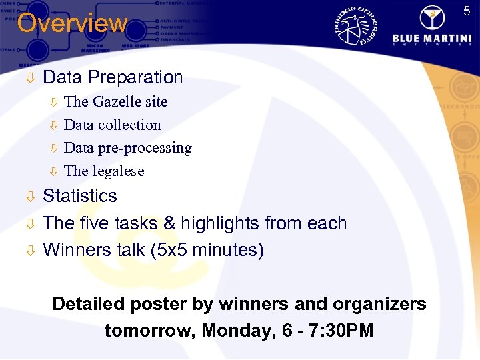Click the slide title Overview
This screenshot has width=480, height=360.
[x=71, y=23]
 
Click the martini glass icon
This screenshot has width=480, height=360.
[x=435, y=14]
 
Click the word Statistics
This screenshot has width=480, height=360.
[x=79, y=196]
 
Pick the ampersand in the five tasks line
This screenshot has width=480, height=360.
[x=169, y=223]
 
